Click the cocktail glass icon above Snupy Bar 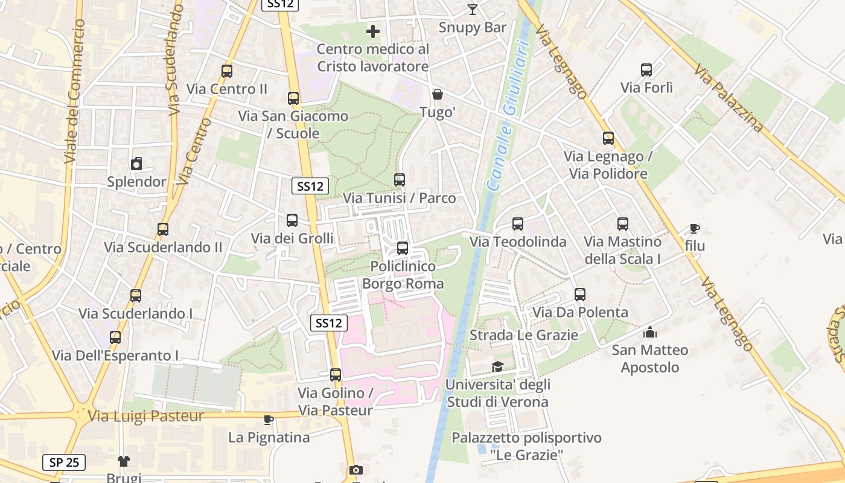pyautogui.click(x=472, y=10)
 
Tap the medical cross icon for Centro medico pyautogui.click(x=373, y=31)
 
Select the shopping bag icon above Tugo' pyautogui.click(x=438, y=94)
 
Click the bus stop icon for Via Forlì pyautogui.click(x=646, y=70)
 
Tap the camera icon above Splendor pyautogui.click(x=136, y=164)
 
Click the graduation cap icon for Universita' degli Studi pyautogui.click(x=497, y=366)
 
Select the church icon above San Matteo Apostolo pyautogui.click(x=650, y=332)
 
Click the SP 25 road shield pyautogui.click(x=64, y=462)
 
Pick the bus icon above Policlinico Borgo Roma pyautogui.click(x=403, y=248)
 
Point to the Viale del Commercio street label pyautogui.click(x=74, y=91)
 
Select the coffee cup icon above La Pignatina pyautogui.click(x=269, y=420)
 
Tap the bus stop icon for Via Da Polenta pyautogui.click(x=580, y=295)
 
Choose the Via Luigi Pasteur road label pyautogui.click(x=146, y=416)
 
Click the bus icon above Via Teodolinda pyautogui.click(x=518, y=224)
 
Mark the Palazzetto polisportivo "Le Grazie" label pyautogui.click(x=526, y=446)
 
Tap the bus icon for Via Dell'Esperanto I pyautogui.click(x=115, y=337)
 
